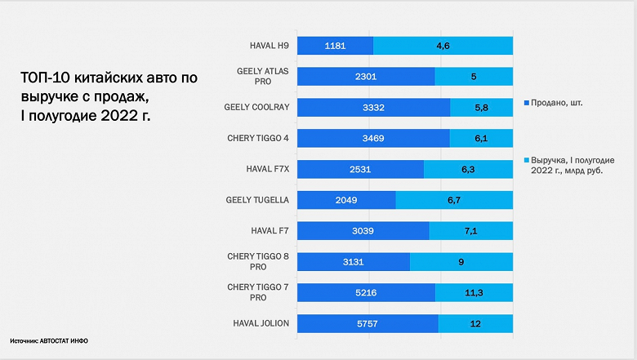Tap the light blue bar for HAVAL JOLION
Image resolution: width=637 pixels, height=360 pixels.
475,324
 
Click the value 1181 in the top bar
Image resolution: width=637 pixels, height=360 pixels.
336,46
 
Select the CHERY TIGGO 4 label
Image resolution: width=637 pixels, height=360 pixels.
257,138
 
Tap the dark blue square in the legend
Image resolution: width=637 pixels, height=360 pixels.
525,103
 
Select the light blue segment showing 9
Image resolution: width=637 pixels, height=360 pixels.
461,262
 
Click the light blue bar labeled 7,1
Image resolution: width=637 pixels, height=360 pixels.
470,231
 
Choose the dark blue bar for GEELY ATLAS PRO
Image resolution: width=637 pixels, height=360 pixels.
366,77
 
